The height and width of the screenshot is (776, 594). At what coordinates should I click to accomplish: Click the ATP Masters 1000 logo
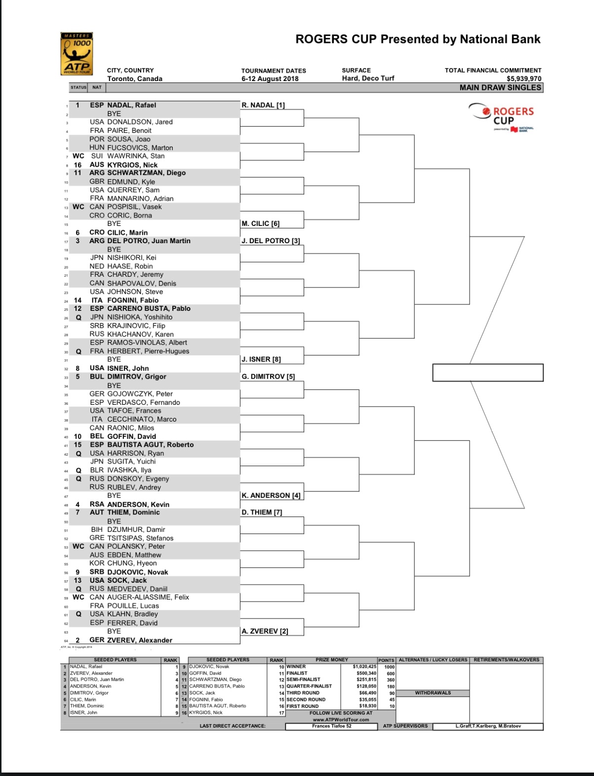pyautogui.click(x=77, y=54)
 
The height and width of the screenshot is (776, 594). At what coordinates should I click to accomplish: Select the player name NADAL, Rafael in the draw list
pyautogui.click(x=131, y=105)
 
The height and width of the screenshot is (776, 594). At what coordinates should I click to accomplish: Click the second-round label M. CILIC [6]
pyautogui.click(x=261, y=224)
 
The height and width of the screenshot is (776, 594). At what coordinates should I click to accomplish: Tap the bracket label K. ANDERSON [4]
pyautogui.click(x=271, y=496)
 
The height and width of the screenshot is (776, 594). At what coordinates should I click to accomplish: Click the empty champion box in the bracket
pyautogui.click(x=488, y=373)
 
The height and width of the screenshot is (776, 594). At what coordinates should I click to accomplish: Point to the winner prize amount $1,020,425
pyautogui.click(x=364, y=667)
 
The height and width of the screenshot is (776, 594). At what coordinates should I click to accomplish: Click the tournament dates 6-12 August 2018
pyautogui.click(x=270, y=79)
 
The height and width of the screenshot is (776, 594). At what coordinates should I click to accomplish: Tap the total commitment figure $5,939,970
pyautogui.click(x=524, y=79)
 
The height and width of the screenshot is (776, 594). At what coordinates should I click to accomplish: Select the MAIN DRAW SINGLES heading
pyautogui.click(x=500, y=87)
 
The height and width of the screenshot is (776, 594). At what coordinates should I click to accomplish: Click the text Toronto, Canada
pyautogui.click(x=135, y=79)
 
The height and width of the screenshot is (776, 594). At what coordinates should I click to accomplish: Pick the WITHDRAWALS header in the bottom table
pyautogui.click(x=433, y=693)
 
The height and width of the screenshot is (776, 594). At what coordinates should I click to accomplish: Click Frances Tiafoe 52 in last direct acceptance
pyautogui.click(x=332, y=726)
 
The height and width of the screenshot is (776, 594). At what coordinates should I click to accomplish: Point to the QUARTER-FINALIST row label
pyautogui.click(x=309, y=686)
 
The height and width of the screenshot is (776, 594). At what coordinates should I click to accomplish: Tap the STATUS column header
pyautogui.click(x=79, y=87)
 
